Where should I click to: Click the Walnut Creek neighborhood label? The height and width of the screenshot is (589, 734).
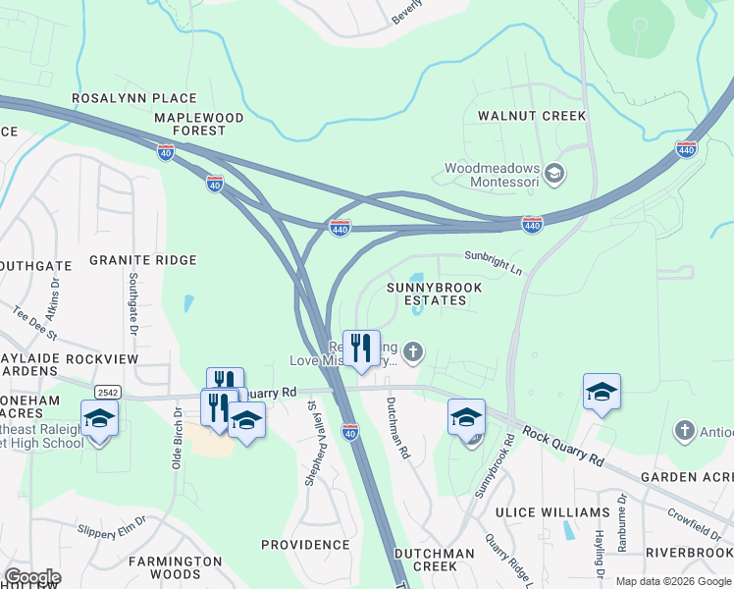point(532,116)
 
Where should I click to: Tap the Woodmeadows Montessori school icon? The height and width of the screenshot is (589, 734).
point(554,175)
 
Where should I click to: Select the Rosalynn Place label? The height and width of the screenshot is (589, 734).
point(134,99)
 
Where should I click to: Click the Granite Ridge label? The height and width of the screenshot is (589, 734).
point(143,260)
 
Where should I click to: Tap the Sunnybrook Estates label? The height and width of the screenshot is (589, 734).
point(434,294)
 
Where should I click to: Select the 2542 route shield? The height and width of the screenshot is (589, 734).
point(108,391)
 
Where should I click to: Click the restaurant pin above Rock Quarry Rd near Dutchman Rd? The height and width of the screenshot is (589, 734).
point(361,348)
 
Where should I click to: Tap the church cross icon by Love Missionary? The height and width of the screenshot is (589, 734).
point(414,350)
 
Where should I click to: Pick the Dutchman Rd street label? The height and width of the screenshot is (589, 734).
point(397,430)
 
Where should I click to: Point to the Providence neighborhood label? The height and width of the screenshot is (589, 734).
point(305,544)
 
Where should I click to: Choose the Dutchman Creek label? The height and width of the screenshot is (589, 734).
point(434,560)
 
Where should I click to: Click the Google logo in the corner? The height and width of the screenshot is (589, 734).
point(32,577)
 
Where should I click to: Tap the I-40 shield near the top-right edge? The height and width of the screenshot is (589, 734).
point(686,149)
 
